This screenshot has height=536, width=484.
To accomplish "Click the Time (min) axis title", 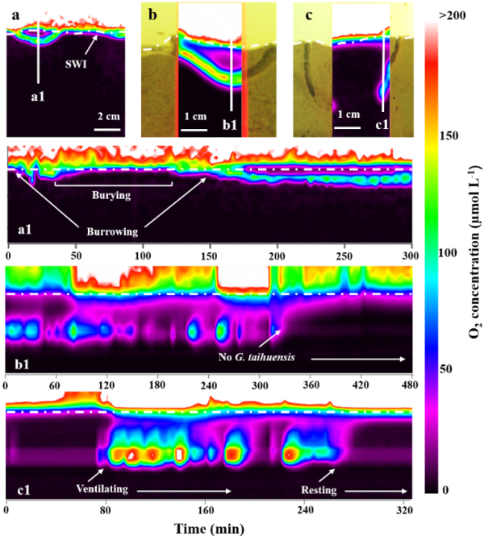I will tap(210, 526).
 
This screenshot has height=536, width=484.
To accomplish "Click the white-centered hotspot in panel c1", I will tap(180, 454).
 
